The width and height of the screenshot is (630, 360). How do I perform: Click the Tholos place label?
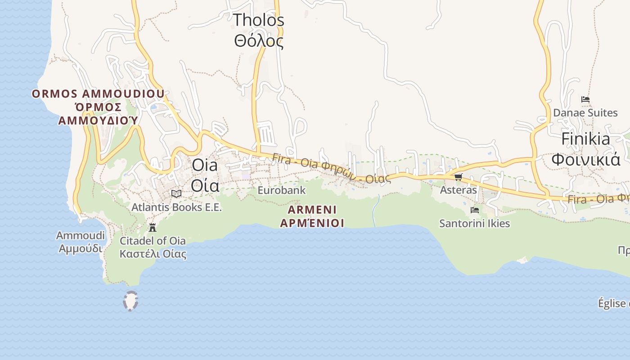pyautogui.click(x=259, y=20)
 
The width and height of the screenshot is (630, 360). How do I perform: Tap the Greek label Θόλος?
pyautogui.click(x=259, y=41)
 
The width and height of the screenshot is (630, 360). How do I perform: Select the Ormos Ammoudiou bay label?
pyautogui.click(x=98, y=94)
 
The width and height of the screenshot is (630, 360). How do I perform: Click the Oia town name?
pyautogui.click(x=205, y=165)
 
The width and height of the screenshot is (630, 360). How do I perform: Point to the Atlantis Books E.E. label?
pyautogui.click(x=176, y=207)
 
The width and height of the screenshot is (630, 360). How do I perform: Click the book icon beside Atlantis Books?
pyautogui.click(x=176, y=194)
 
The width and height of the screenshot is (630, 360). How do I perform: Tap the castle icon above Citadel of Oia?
pyautogui.click(x=153, y=227)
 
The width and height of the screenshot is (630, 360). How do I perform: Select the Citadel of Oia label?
pyautogui.click(x=153, y=241)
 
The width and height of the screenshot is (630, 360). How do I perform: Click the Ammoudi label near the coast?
pyautogui.click(x=81, y=235)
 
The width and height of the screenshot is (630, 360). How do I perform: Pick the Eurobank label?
pyautogui.click(x=281, y=190)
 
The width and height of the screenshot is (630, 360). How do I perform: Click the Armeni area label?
pyautogui.click(x=312, y=210)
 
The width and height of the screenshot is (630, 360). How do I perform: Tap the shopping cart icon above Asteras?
pyautogui.click(x=458, y=177)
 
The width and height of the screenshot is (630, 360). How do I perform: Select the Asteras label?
pyautogui.click(x=458, y=190)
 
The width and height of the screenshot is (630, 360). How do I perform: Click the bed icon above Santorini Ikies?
pyautogui.click(x=474, y=210)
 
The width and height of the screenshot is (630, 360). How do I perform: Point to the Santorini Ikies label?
pyautogui.click(x=474, y=223)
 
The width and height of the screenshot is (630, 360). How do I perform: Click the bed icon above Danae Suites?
pyautogui.click(x=585, y=99)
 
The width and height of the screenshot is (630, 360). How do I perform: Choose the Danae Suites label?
pyautogui.click(x=585, y=112)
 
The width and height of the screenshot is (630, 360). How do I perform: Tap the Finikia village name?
pyautogui.click(x=585, y=139)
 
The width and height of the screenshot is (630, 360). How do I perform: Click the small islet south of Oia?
pyautogui.click(x=130, y=301)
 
